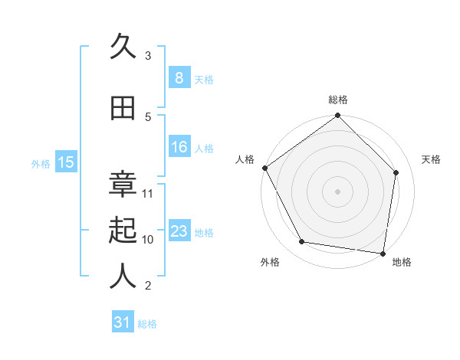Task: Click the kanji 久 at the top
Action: pyautogui.click(x=123, y=47)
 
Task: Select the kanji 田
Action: pyautogui.click(x=123, y=109)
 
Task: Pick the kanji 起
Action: pyautogui.click(x=123, y=231)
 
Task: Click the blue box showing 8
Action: pyautogui.click(x=179, y=77)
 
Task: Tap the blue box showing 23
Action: pyautogui.click(x=179, y=231)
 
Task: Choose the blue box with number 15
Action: pyautogui.click(x=66, y=162)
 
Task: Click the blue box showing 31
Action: pyautogui.click(x=123, y=322)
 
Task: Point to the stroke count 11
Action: pyautogui.click(x=149, y=193)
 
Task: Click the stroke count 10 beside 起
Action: pyautogui.click(x=149, y=239)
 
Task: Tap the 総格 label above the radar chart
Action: pyautogui.click(x=338, y=100)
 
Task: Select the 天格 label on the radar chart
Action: pyautogui.click(x=432, y=159)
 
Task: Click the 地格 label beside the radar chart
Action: pyautogui.click(x=402, y=262)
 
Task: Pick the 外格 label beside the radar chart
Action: pyautogui.click(x=270, y=262)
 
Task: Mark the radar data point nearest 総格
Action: pyautogui.click(x=337, y=116)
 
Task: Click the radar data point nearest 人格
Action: pyautogui.click(x=265, y=168)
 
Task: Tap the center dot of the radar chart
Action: pyautogui.click(x=337, y=191)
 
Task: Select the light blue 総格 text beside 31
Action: pyautogui.click(x=147, y=324)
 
